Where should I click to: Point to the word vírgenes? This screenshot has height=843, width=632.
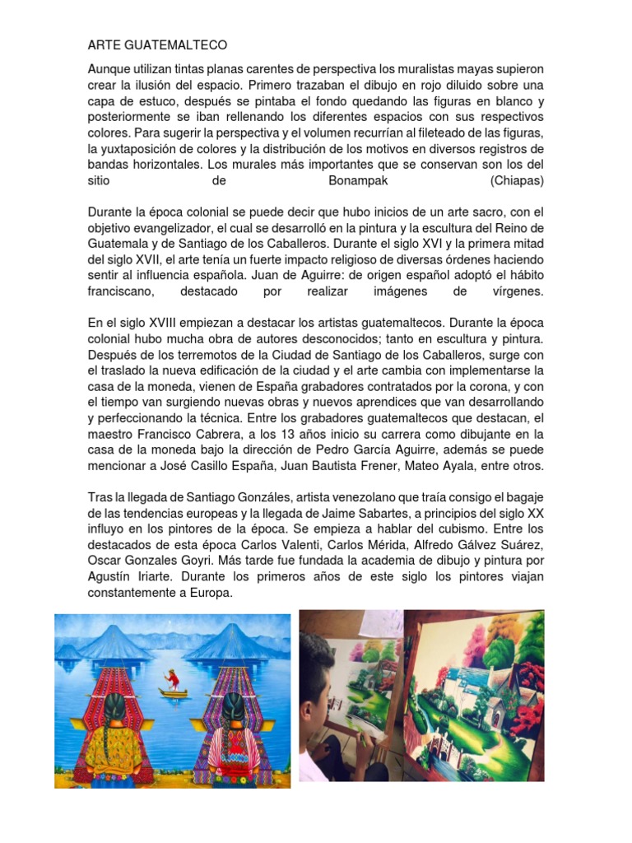(516, 291)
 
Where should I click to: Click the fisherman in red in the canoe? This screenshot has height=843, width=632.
(171, 680)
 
